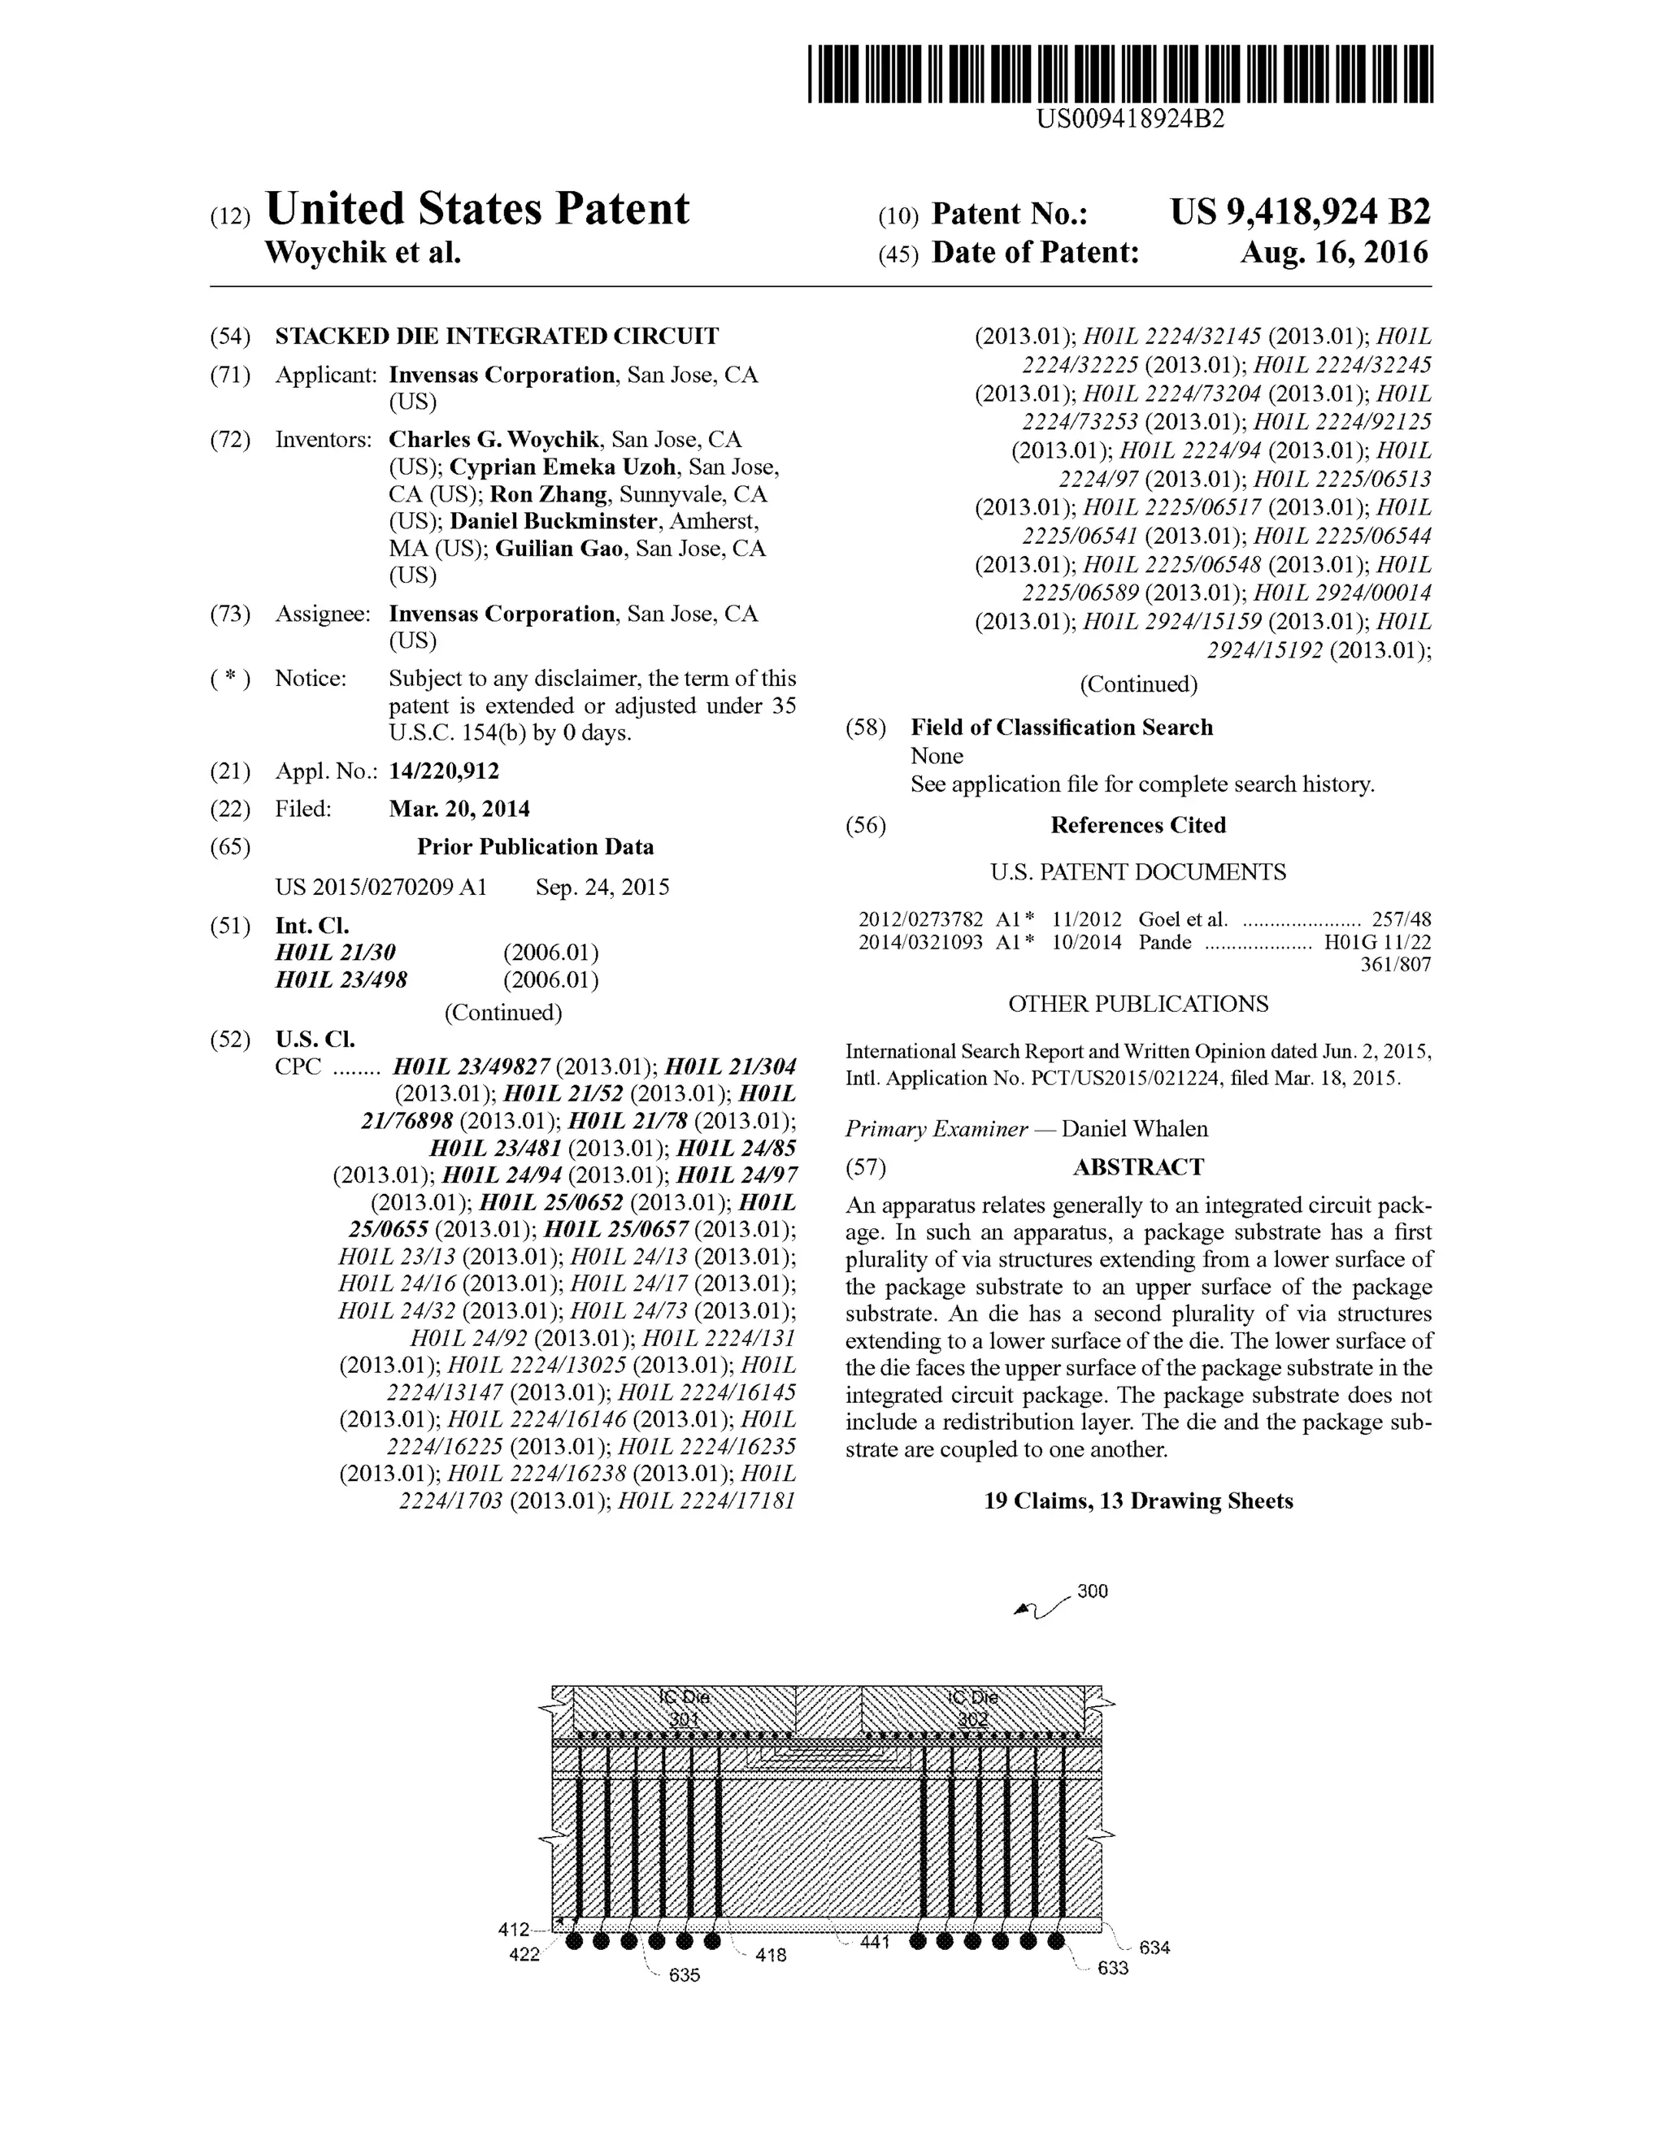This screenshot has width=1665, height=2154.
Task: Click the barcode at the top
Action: (x=1119, y=73)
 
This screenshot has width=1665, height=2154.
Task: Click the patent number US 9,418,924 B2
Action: (x=1300, y=212)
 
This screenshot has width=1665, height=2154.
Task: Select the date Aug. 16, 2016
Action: (x=1333, y=254)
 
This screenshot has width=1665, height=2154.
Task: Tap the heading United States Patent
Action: (x=477, y=209)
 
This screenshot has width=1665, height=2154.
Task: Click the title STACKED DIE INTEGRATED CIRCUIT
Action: (x=496, y=337)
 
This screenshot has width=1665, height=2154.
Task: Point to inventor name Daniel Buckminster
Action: (x=554, y=521)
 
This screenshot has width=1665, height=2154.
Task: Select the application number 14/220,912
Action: (x=444, y=771)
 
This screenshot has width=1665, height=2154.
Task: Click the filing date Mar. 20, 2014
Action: (x=459, y=810)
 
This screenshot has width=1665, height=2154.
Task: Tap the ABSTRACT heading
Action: (x=1138, y=1168)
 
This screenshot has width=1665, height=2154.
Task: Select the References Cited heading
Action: (x=1137, y=826)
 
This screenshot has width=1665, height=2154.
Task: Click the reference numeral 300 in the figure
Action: (x=1092, y=1591)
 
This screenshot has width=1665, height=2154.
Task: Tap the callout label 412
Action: (x=514, y=1929)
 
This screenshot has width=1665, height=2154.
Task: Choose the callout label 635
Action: (x=684, y=1975)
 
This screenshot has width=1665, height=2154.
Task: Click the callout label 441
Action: (x=874, y=1942)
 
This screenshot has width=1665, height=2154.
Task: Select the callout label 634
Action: (x=1154, y=1948)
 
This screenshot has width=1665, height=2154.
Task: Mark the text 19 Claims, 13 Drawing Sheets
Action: (x=1138, y=1501)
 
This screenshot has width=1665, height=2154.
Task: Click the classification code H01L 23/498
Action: (x=341, y=980)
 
